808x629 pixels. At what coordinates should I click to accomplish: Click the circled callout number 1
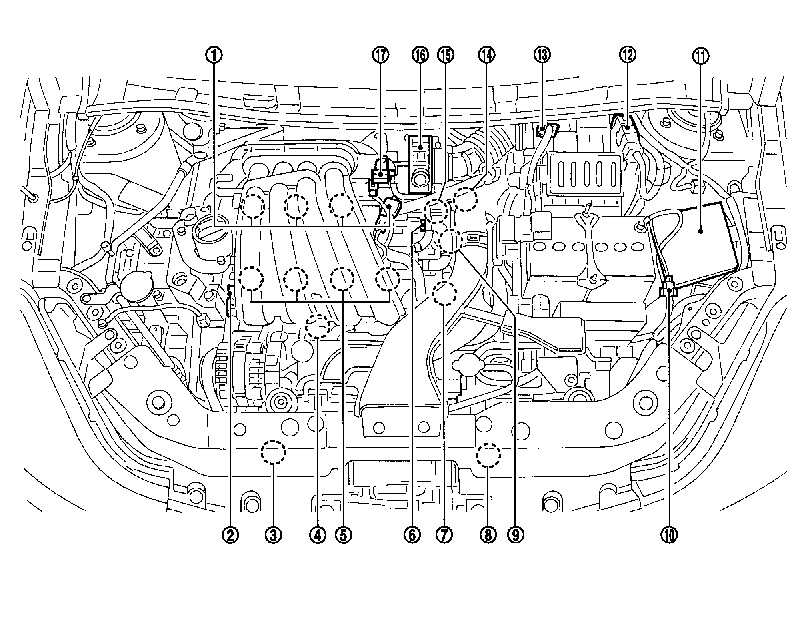214,55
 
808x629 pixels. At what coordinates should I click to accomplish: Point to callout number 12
627,55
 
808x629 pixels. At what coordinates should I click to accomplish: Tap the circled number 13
542,55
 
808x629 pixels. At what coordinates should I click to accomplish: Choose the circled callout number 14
486,55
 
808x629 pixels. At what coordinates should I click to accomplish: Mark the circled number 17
380,55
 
